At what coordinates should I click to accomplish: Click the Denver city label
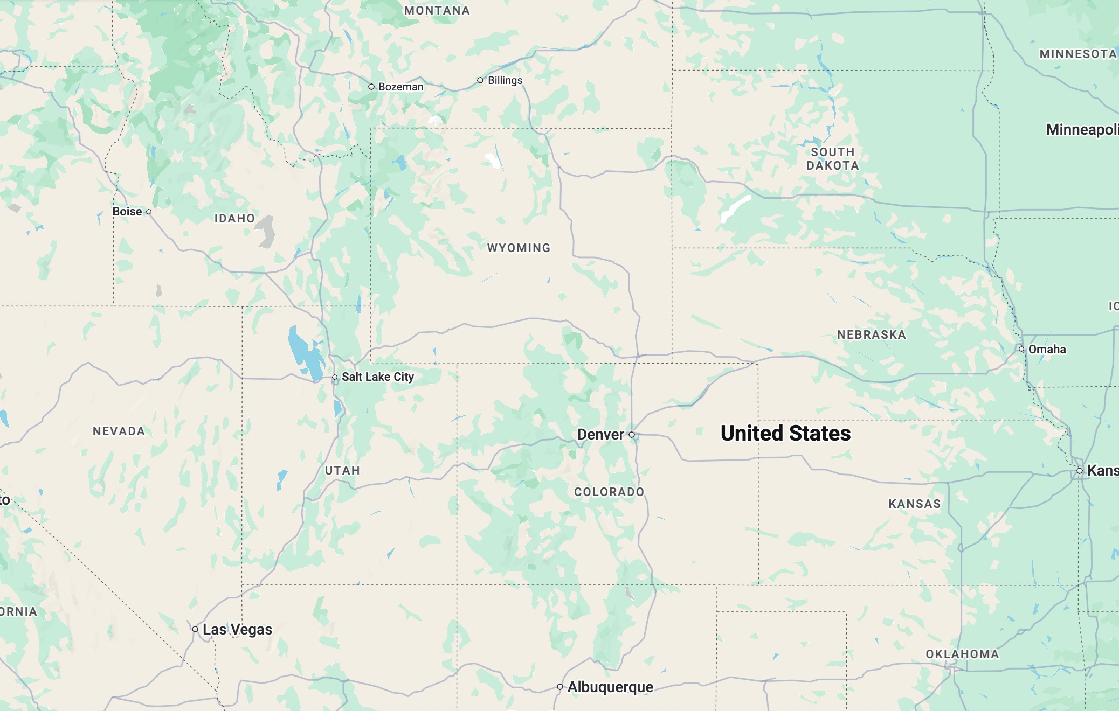tap(600, 435)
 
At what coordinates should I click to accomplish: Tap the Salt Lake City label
tap(377, 377)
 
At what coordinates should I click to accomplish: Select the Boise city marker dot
tap(149, 212)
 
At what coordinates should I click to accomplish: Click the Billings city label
tap(505, 81)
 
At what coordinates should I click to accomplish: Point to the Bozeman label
tap(400, 87)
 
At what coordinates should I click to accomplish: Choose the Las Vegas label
tap(237, 629)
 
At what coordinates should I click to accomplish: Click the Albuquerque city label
tap(610, 687)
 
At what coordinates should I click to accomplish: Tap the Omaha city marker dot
tap(1021, 349)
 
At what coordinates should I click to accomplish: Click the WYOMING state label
tap(519, 248)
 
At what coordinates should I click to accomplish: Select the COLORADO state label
tap(609, 492)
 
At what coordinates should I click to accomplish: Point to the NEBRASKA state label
tap(872, 335)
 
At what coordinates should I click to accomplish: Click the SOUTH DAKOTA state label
tap(833, 159)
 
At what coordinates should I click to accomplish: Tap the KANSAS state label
tap(915, 504)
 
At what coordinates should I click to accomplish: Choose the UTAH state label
tap(342, 471)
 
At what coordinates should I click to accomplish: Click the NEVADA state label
tap(119, 431)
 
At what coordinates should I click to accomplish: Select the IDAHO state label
tap(234, 219)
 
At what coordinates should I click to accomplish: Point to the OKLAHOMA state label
tap(962, 654)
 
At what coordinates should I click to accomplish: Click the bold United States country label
tap(785, 434)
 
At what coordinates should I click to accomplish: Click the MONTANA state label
tap(437, 11)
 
